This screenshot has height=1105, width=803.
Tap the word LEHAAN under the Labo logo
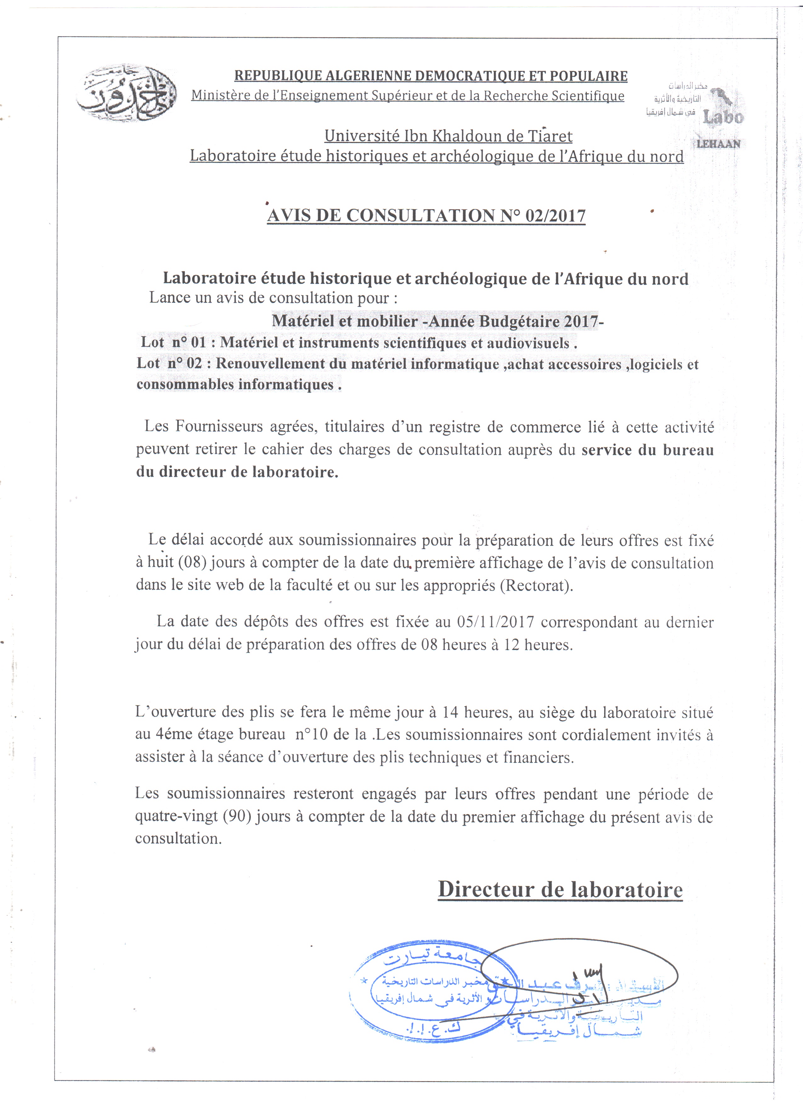[x=718, y=144]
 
